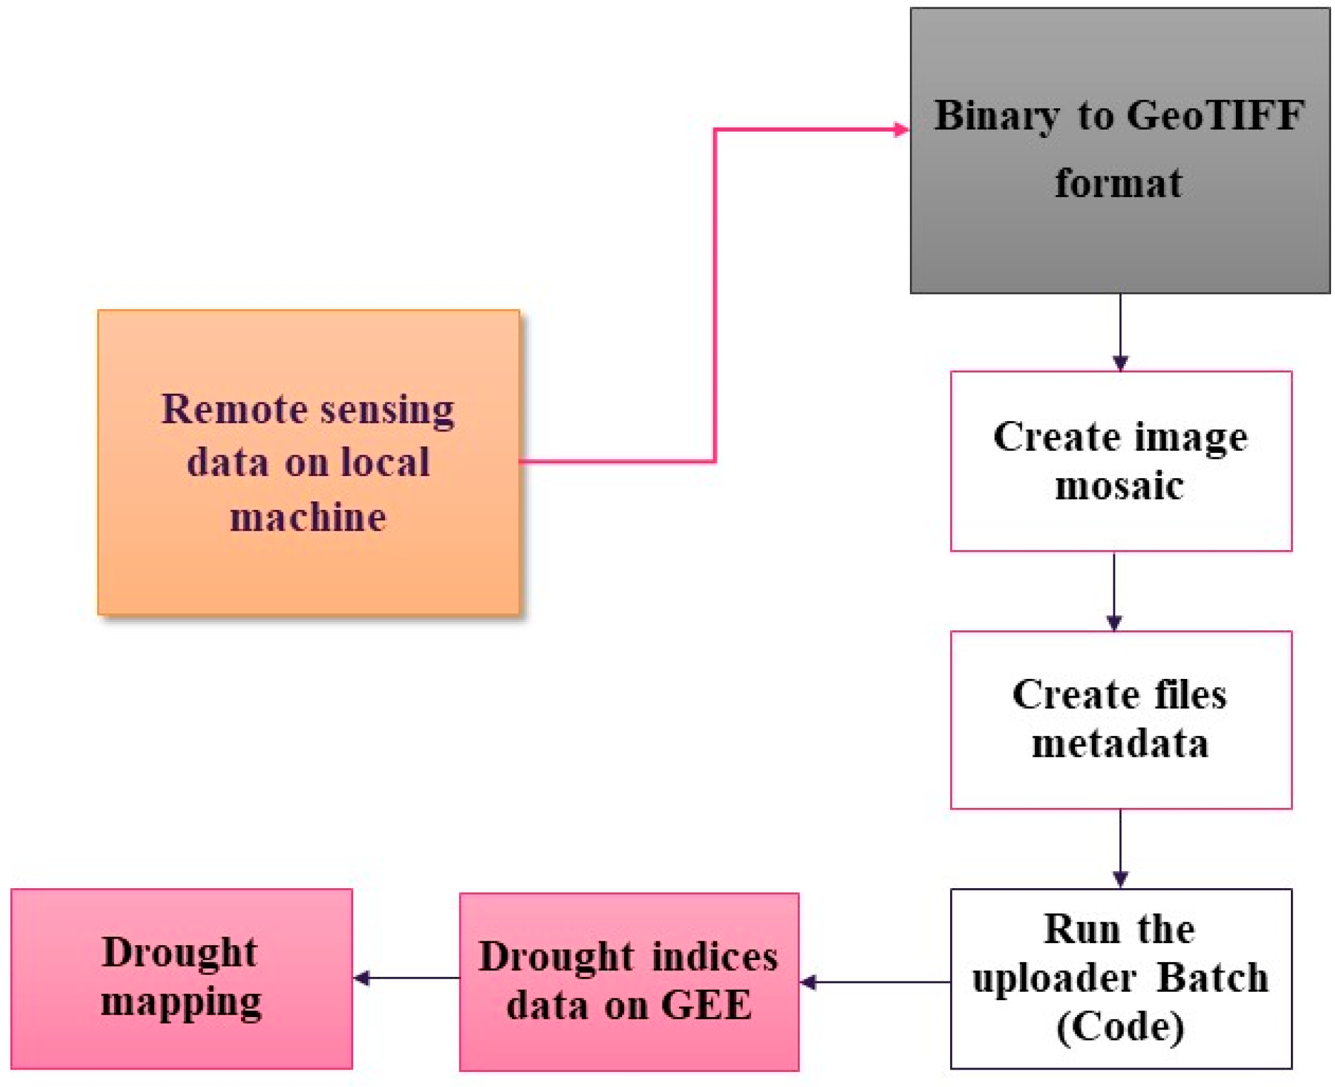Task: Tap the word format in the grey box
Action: point(1118,183)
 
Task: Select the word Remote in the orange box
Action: point(234,409)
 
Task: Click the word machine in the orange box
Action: point(308,518)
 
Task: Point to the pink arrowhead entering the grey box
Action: point(901,130)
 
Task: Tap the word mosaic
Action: point(1119,486)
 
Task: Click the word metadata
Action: point(1120,744)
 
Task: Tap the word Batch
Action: point(1212,978)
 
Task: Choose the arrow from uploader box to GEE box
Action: point(875,982)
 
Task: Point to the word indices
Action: point(714,957)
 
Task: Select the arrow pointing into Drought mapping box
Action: point(405,978)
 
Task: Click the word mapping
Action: point(181,1002)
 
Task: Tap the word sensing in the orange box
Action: point(388,411)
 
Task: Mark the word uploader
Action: point(1053,979)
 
